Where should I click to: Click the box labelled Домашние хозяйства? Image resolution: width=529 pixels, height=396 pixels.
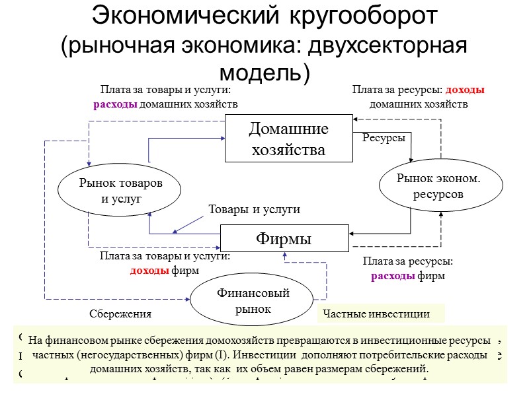pyautogui.click(x=287, y=139)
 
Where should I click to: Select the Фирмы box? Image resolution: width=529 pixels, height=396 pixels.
pyautogui.click(x=284, y=238)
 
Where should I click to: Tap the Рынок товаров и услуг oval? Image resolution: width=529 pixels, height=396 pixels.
pyautogui.click(x=120, y=190)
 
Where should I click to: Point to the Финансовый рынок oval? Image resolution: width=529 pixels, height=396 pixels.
pyautogui.click(x=251, y=301)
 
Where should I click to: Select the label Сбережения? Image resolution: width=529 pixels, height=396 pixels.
pyautogui.click(x=120, y=314)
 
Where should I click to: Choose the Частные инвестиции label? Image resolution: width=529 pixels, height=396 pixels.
pyautogui.click(x=375, y=314)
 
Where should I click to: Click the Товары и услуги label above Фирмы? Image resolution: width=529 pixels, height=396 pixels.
pyautogui.click(x=255, y=209)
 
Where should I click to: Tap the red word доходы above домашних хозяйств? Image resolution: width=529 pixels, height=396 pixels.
pyautogui.click(x=465, y=90)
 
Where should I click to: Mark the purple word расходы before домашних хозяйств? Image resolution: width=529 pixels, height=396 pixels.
pyautogui.click(x=114, y=104)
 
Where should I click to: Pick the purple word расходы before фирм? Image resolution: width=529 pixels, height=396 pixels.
pyautogui.click(x=391, y=275)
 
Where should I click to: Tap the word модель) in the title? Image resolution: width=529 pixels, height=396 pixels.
pyautogui.click(x=264, y=71)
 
